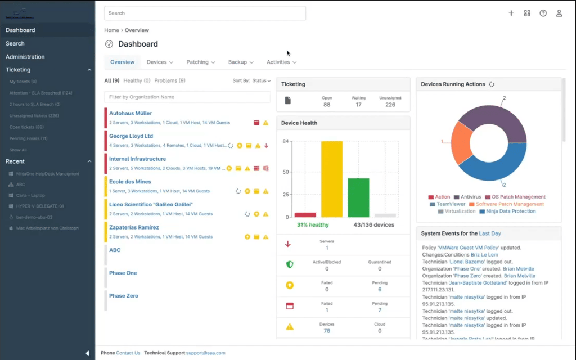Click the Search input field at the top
[205, 13]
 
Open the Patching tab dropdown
[200, 62]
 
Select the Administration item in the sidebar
[25, 57]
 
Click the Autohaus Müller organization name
[130, 113]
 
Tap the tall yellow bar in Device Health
[332, 179]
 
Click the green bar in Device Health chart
[358, 197]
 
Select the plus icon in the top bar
[511, 13]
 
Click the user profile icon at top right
[559, 13]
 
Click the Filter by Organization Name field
[187, 97]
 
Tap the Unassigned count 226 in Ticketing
[390, 105]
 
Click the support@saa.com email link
[205, 353]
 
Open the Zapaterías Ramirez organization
[134, 227]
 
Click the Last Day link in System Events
[490, 233]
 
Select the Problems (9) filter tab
[170, 81]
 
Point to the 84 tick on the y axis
[286, 141]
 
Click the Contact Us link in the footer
[128, 353]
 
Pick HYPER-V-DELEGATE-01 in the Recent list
[40, 206]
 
